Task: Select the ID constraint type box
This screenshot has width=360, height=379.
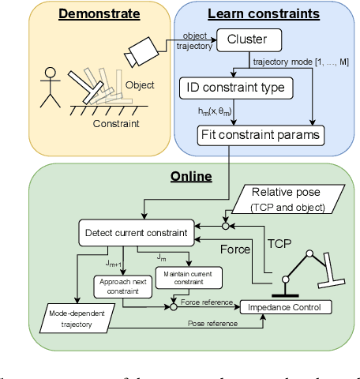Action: (236, 87)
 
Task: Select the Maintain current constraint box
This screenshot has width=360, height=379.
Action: (189, 277)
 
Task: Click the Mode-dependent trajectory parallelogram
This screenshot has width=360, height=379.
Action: (76, 318)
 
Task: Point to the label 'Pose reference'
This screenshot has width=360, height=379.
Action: (212, 323)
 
